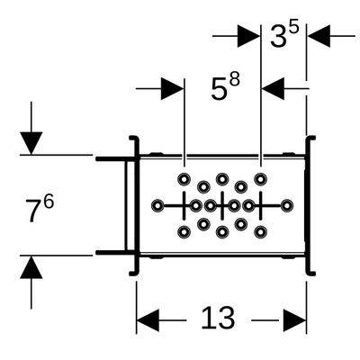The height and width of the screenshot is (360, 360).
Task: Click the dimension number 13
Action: point(218,318)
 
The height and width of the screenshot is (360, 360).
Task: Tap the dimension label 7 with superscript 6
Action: point(40,209)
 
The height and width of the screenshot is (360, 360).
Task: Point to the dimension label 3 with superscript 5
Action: point(284,34)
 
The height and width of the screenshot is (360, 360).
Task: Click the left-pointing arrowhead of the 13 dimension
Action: point(148,320)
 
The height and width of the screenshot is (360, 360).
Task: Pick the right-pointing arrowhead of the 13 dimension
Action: point(295,320)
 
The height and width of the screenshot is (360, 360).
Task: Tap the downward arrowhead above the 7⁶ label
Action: point(31,143)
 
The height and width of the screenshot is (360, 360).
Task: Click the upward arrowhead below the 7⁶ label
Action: point(31,267)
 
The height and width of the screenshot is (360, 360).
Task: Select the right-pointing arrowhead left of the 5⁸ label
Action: point(172,89)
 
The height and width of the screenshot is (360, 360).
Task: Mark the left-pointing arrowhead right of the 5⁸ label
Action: point(273,89)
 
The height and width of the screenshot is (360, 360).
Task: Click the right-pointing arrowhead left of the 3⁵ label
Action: point(248,36)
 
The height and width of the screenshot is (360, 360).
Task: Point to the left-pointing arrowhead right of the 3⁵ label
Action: point(319,36)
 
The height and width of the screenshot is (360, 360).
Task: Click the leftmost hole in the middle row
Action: point(157,206)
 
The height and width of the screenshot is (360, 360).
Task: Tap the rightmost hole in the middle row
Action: point(287,206)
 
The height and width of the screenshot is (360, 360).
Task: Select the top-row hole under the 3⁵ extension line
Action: point(260,179)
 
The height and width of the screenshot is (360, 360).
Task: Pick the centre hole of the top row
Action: point(222,179)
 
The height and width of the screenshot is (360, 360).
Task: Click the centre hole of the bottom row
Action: point(222,231)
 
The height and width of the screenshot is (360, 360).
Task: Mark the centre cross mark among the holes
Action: point(222,206)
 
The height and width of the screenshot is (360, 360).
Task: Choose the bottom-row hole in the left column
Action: point(184,231)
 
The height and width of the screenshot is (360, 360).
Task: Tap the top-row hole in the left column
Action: point(184,179)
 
